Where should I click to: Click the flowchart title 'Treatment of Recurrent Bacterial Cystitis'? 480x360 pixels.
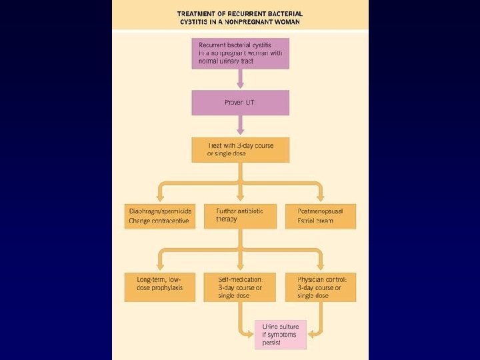pyautogui.click(x=240, y=17)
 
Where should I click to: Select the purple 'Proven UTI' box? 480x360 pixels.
pyautogui.click(x=240, y=103)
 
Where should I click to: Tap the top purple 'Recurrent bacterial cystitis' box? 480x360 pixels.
pyautogui.click(x=240, y=53)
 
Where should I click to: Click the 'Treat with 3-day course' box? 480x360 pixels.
pyautogui.click(x=240, y=149)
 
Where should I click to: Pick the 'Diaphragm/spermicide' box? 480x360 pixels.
pyautogui.click(x=160, y=215)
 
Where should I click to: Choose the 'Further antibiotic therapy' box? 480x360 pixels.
pyautogui.click(x=240, y=215)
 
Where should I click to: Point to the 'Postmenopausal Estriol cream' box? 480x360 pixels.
pyautogui.click(x=320, y=215)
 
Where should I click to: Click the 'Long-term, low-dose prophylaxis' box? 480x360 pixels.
pyautogui.click(x=160, y=287)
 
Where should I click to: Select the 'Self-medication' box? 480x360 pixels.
pyautogui.click(x=240, y=287)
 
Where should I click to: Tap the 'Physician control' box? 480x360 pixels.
pyautogui.click(x=320, y=287)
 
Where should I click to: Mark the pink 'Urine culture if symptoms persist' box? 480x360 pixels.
pyautogui.click(x=280, y=334)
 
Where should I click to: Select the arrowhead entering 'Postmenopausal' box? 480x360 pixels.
pyautogui.click(x=320, y=198)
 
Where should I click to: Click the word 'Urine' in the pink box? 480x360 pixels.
pyautogui.click(x=269, y=326)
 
